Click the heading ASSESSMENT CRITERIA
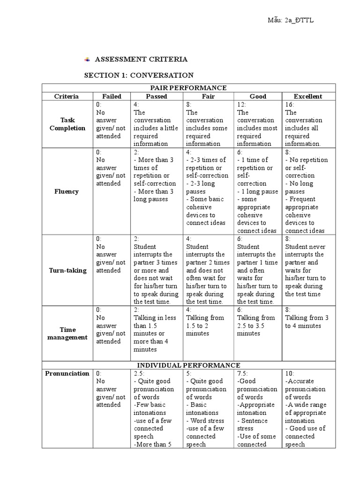141,60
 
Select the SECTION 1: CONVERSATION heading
139,75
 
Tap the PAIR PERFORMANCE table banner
188,88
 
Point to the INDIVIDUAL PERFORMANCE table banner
188,365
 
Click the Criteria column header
67,97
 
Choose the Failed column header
112,97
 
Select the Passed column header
157,97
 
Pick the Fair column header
208,97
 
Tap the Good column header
258,97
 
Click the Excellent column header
308,97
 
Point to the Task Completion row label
67,124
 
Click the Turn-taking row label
67,270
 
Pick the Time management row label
67,333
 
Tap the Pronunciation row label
67,374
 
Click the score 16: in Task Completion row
290,105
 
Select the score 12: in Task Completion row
242,105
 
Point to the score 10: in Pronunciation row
290,374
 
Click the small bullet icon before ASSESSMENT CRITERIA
87,60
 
